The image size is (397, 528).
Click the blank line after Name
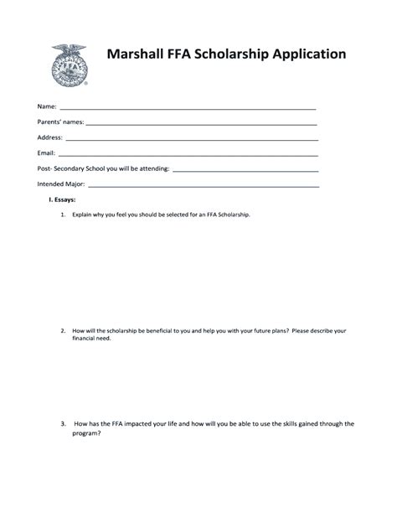click(x=188, y=109)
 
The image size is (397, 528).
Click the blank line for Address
click(x=192, y=138)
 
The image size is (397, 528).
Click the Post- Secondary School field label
click(x=103, y=168)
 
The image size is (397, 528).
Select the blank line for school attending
click(x=245, y=170)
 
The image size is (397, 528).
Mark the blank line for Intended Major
click(x=204, y=185)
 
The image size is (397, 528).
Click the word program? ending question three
click(x=87, y=433)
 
